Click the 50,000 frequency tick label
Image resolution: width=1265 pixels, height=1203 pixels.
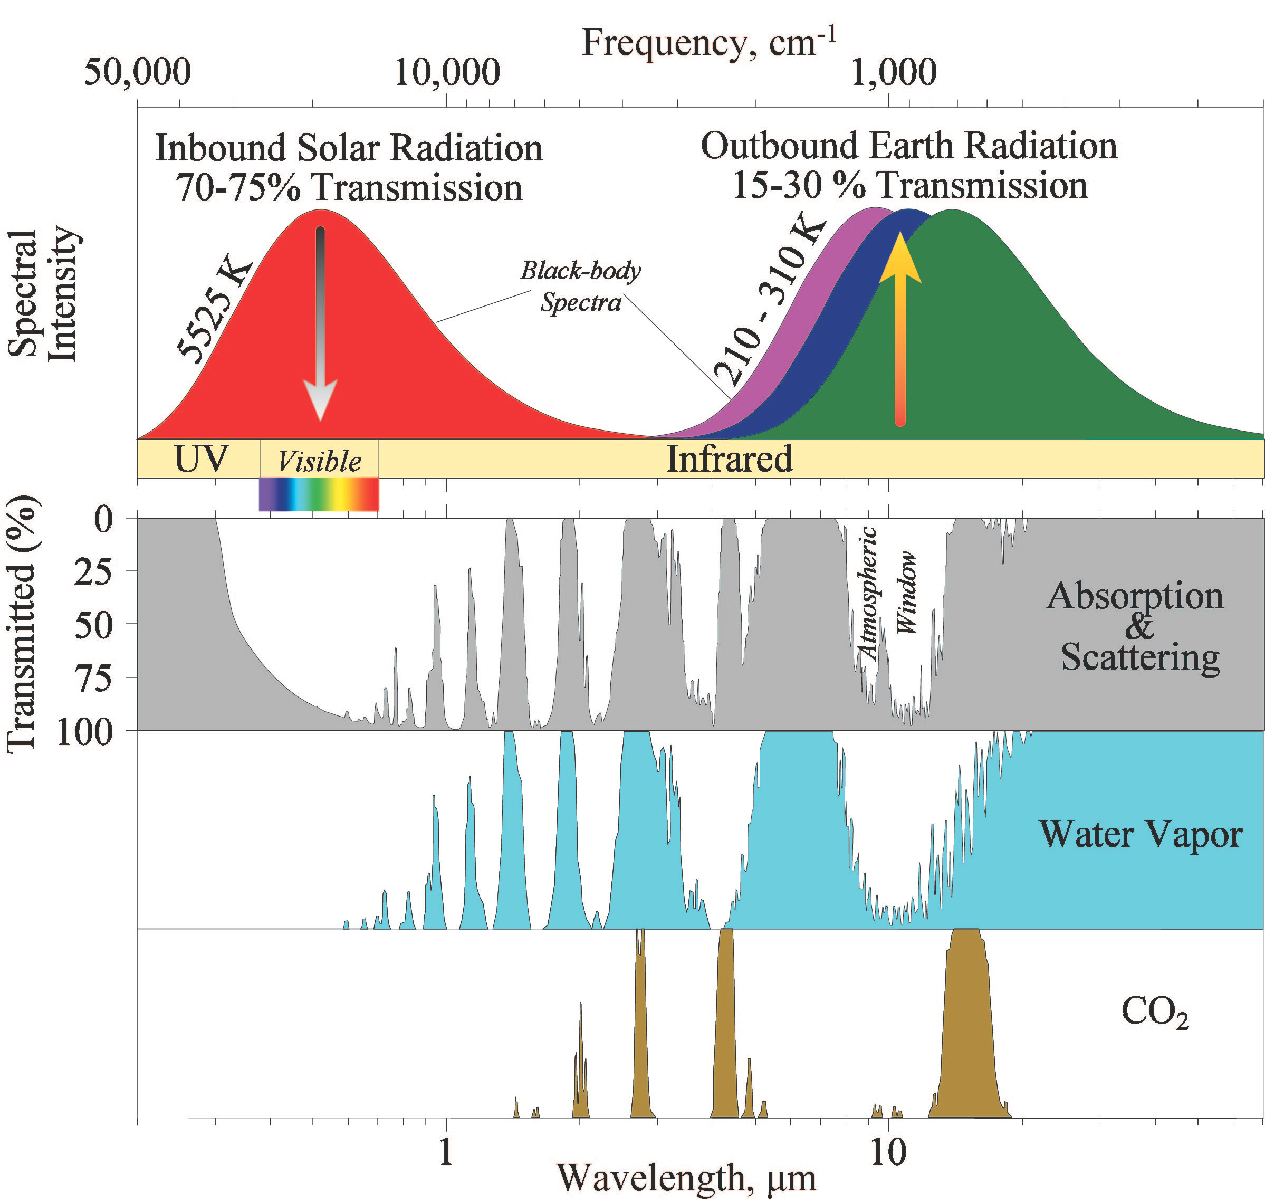pos(137,72)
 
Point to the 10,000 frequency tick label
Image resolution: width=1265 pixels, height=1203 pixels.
pos(447,72)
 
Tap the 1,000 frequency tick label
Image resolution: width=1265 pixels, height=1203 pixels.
pos(893,72)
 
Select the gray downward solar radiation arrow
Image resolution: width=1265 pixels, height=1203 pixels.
pos(320,321)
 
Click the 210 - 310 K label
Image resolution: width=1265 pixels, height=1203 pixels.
pos(769,301)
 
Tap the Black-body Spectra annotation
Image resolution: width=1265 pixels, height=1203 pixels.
pos(580,286)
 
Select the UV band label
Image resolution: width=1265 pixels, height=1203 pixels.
pos(200,459)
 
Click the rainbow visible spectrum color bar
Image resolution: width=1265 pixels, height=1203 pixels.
pos(319,494)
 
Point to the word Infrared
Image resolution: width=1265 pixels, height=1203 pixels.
pos(730,459)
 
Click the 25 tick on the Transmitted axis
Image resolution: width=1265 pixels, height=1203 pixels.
pos(93,571)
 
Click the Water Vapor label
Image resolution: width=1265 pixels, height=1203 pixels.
pos(1140,834)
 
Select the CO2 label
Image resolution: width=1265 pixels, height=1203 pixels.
pos(1154,1012)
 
